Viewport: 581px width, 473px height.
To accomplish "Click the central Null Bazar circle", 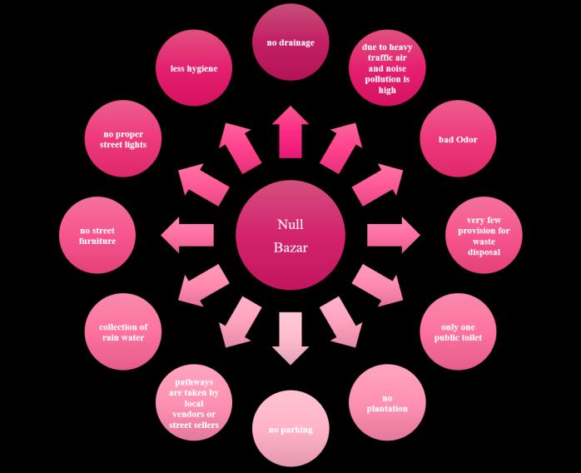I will point(290,235).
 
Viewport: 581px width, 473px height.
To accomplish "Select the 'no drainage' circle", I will point(290,42).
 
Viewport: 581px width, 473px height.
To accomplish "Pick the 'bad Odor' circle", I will point(458,139).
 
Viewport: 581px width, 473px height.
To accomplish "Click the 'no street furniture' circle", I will point(97,235).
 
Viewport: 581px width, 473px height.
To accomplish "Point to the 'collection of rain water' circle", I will point(123,331).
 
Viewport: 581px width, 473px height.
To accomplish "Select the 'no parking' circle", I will point(290,430).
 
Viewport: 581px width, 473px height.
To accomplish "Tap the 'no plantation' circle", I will point(387,403).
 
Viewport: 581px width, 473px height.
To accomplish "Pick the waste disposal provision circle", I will point(484,235).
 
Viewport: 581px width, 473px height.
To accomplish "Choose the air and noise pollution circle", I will point(387,68).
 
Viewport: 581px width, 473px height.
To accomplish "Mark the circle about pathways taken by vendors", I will point(194,403).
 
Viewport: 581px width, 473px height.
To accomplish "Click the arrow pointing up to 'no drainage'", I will point(290,132).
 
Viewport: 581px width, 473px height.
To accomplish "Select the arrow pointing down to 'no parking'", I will point(290,337).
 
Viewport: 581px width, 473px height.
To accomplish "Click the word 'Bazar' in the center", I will point(290,247).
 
